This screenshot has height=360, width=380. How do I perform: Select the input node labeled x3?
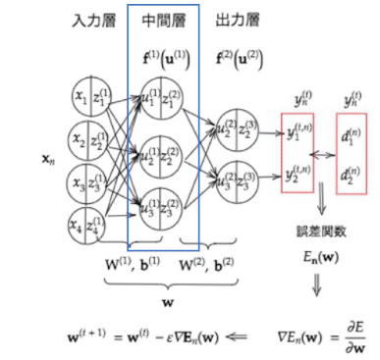click(91, 184)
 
